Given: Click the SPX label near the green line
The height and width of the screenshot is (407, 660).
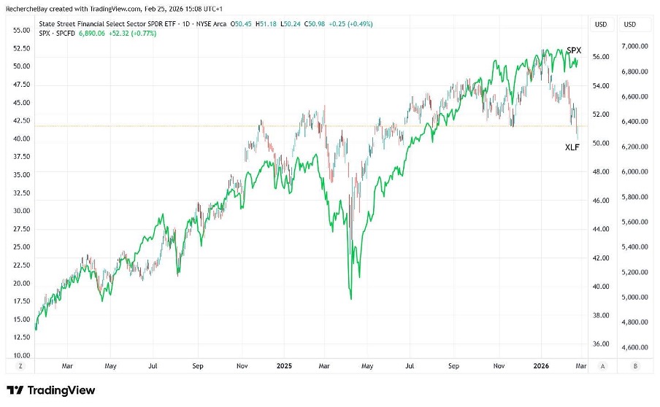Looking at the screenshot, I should (x=574, y=50).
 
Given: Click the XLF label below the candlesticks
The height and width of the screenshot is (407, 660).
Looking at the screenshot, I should (x=573, y=147).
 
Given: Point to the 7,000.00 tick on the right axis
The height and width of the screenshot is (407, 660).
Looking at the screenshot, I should (x=634, y=46).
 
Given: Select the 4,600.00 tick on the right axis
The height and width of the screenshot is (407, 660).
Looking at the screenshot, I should (x=634, y=347).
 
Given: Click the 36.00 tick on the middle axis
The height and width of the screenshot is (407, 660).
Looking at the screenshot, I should (x=600, y=344).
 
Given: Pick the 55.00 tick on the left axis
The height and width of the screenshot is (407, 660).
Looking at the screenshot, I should (x=21, y=30).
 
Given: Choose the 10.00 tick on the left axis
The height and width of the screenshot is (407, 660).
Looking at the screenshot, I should (x=21, y=354).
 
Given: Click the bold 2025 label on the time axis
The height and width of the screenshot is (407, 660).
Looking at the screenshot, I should (x=283, y=366).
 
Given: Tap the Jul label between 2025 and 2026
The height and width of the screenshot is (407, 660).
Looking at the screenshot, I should (x=411, y=366).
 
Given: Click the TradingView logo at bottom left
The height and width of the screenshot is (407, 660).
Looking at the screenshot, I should (x=50, y=390).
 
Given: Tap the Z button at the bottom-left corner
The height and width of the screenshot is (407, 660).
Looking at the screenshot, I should (x=20, y=366).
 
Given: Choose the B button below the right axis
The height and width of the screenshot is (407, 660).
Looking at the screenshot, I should (x=634, y=366).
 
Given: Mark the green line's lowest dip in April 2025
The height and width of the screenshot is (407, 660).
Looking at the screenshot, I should (x=351, y=298).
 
